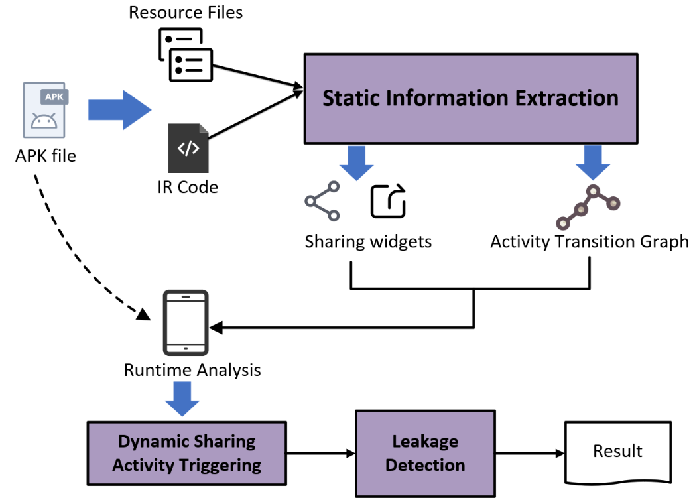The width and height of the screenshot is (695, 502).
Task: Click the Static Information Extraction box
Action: pyautogui.click(x=470, y=98)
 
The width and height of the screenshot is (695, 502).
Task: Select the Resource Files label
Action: pyautogui.click(x=186, y=13)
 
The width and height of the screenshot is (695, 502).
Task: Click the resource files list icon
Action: pyautogui.click(x=186, y=56)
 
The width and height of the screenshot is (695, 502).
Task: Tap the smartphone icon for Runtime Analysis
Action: pyautogui.click(x=186, y=322)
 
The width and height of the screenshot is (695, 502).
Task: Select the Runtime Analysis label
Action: pyautogui.click(x=192, y=369)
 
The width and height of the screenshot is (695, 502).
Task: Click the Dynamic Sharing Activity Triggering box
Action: pyautogui.click(x=186, y=453)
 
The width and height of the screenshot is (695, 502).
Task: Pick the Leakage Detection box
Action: pyautogui.click(x=425, y=453)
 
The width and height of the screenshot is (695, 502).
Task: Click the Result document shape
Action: pyautogui.click(x=617, y=452)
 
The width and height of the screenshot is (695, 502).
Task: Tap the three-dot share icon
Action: pyautogui.click(x=322, y=202)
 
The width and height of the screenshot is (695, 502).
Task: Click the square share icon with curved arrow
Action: pyautogui.click(x=388, y=201)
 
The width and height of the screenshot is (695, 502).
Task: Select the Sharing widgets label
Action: pyautogui.click(x=368, y=241)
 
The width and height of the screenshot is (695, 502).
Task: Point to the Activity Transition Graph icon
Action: pyautogui.click(x=588, y=206)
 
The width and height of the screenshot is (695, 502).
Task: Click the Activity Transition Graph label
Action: pyautogui.click(x=589, y=241)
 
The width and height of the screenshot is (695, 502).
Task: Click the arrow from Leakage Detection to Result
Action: pyautogui.click(x=529, y=454)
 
